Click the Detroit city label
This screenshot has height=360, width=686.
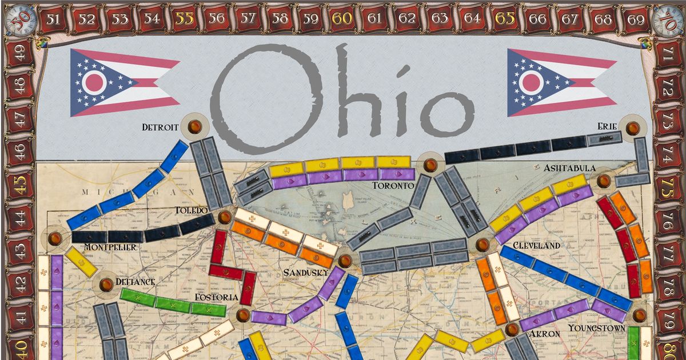[160, 127]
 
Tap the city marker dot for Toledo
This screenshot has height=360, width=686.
[225, 217]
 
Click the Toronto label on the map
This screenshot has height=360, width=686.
[393, 186]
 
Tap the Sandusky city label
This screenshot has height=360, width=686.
[306, 272]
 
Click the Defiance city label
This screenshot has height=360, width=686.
[135, 282]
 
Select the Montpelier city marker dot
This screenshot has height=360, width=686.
[55, 238]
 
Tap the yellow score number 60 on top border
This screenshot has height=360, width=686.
[341, 18]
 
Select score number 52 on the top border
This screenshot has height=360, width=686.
[87, 18]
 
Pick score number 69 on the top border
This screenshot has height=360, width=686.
[636, 18]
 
